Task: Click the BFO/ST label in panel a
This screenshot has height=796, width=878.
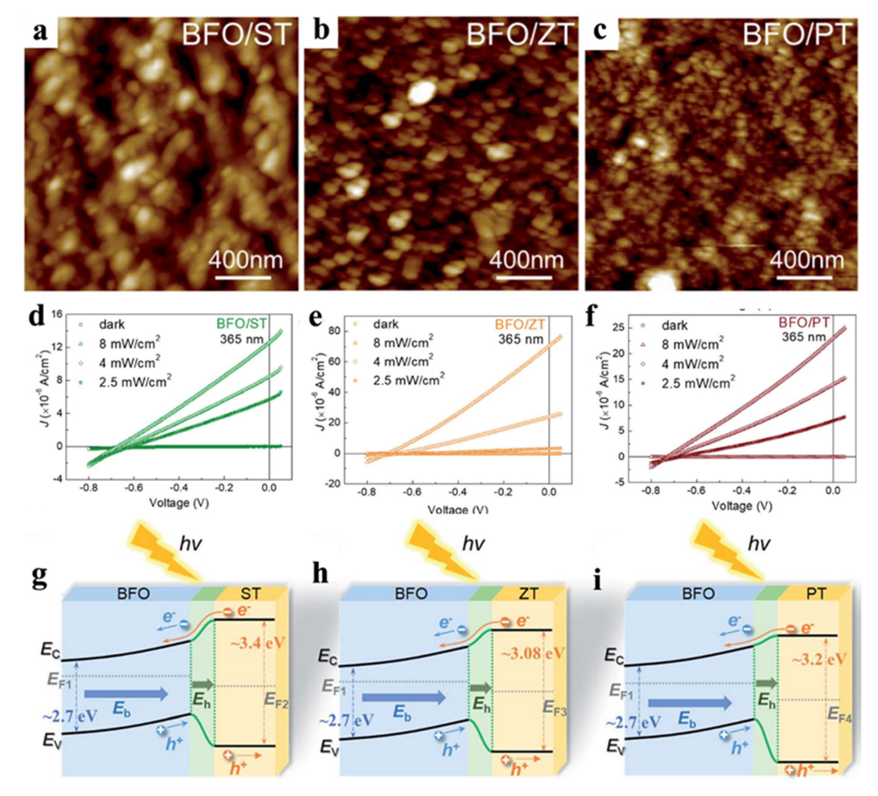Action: coord(236,34)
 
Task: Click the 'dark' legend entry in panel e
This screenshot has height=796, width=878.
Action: coord(385,324)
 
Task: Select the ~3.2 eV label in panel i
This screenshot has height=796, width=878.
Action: coord(819,659)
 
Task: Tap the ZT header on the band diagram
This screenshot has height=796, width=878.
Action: coord(528,593)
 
